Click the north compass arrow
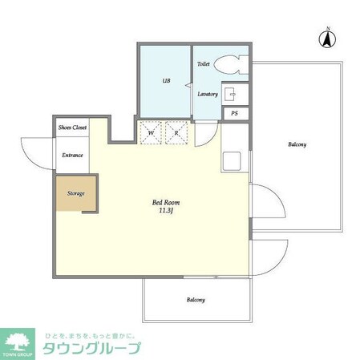328,36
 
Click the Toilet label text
204,62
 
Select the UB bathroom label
167,82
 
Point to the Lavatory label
208,94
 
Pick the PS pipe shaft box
234,114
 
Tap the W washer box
150,134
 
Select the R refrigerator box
176,134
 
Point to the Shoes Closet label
72,127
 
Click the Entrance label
73,155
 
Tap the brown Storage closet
76,193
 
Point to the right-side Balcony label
297,144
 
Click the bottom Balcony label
196,300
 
